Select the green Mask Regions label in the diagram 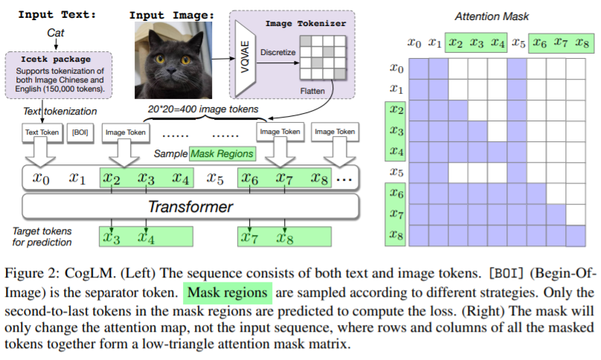[222, 154]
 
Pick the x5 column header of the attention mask [518, 43]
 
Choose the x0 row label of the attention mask [396, 68]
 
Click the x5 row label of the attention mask [396, 172]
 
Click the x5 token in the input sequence [216, 179]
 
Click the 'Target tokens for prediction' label [42, 237]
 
